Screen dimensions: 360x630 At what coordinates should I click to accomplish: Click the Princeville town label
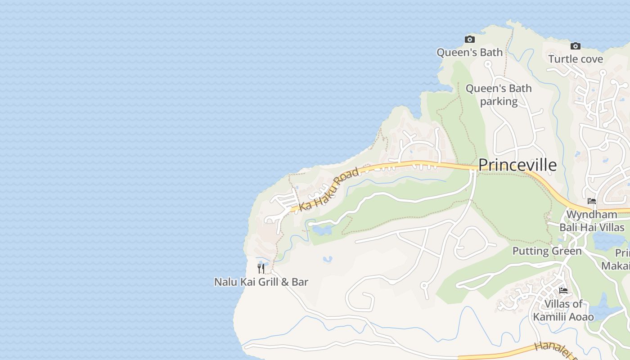517,165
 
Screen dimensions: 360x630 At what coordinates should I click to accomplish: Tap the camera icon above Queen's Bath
469,40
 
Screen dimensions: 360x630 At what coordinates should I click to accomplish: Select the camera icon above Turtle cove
575,46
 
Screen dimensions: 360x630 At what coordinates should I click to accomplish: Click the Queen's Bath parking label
499,95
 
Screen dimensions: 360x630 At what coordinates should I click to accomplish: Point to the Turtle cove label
576,59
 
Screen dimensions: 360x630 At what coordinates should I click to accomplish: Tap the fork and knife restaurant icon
261,269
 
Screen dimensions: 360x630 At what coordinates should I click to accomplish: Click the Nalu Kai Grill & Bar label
261,282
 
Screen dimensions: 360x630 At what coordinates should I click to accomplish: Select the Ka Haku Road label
329,189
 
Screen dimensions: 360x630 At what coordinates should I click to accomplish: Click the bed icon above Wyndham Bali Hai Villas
592,201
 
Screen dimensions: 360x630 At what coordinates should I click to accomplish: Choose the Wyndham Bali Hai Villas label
592,220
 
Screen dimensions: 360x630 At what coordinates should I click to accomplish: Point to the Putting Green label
547,251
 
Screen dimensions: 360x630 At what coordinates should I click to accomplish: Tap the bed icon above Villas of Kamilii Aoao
563,291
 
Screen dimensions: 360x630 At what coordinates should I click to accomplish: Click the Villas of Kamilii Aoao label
563,310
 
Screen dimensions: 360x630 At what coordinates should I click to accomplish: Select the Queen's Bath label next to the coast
469,53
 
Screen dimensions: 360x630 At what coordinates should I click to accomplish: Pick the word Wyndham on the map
592,214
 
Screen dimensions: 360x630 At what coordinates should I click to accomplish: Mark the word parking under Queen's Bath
499,101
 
